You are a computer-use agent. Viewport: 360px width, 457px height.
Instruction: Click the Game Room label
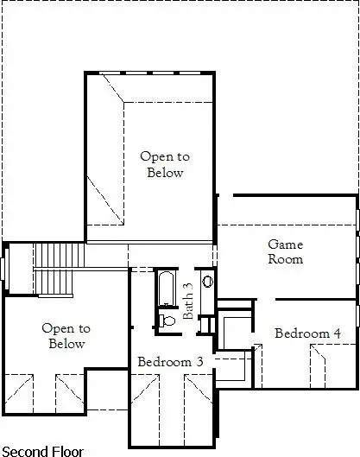(285, 251)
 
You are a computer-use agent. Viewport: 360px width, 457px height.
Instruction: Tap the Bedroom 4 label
(307, 333)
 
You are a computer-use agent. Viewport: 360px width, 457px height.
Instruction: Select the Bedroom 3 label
(170, 361)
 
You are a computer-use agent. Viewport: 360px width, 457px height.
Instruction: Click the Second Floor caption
(42, 450)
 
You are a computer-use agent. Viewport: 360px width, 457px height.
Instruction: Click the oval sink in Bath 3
(208, 281)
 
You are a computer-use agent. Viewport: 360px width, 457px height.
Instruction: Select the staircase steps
(60, 257)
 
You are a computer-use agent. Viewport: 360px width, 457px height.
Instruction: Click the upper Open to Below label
(164, 164)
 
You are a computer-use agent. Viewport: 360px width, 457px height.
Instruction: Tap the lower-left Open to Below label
(66, 335)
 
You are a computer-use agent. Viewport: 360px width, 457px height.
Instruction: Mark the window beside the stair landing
(3, 268)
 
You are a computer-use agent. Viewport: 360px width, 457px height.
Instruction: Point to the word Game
(285, 244)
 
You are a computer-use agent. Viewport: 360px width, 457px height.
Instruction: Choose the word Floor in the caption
(66, 450)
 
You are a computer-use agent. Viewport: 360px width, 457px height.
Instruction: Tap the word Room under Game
(285, 259)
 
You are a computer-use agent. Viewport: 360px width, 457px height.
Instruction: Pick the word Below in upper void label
(164, 172)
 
